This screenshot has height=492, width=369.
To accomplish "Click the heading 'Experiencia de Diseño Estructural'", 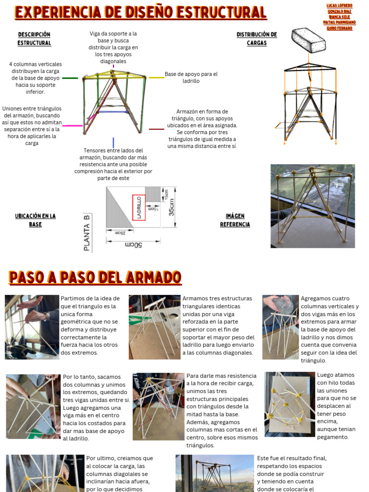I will click(x=140, y=12).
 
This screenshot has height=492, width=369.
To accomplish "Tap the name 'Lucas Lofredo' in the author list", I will click(x=340, y=5).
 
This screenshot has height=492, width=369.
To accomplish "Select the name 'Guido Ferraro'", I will click(x=340, y=28).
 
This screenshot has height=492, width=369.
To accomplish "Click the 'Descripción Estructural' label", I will click(x=34, y=39).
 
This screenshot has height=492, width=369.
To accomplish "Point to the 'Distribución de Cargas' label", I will click(x=257, y=39).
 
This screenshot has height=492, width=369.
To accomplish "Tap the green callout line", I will click(x=70, y=78).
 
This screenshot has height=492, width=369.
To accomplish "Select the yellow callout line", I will click(x=156, y=77).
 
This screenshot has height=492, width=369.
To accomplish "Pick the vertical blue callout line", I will click(x=113, y=143).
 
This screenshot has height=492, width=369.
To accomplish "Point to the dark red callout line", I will click(x=157, y=129).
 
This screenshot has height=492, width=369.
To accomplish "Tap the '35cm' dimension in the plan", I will click(x=172, y=208).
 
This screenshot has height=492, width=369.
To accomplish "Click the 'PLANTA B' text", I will click(x=87, y=233).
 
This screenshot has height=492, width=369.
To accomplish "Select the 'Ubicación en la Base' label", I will click(x=35, y=220).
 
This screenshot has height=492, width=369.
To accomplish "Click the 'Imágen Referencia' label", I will click(x=235, y=220).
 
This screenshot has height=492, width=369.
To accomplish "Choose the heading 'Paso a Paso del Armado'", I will click(x=95, y=278).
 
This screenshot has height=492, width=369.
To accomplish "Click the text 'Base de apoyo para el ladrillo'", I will click(x=191, y=77).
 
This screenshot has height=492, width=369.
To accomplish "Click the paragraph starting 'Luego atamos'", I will click(x=336, y=406).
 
